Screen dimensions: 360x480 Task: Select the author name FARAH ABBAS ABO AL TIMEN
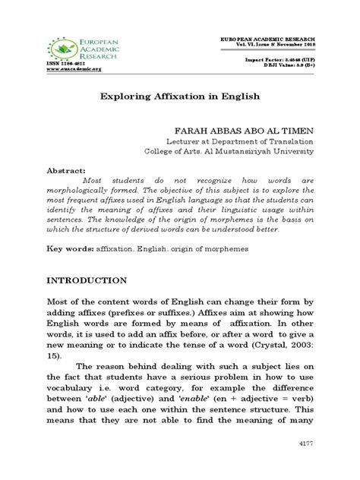coord(237,131)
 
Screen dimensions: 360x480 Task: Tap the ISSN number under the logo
coord(63,62)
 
